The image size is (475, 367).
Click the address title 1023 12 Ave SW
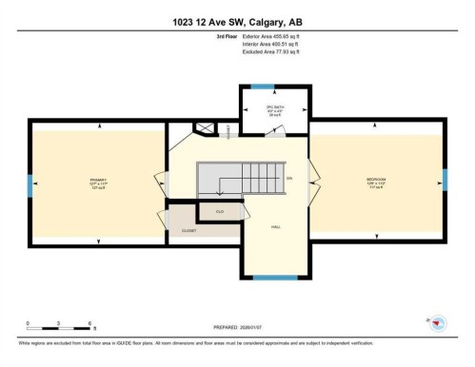tap(236, 23)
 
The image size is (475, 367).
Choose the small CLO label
tap(220, 211)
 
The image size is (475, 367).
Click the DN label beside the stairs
tap(289, 178)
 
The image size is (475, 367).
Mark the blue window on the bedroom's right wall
tap(445, 179)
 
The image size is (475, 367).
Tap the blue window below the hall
tap(276, 277)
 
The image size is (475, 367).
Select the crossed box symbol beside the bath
tap(202, 127)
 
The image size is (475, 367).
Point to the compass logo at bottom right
tap(438, 323)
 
